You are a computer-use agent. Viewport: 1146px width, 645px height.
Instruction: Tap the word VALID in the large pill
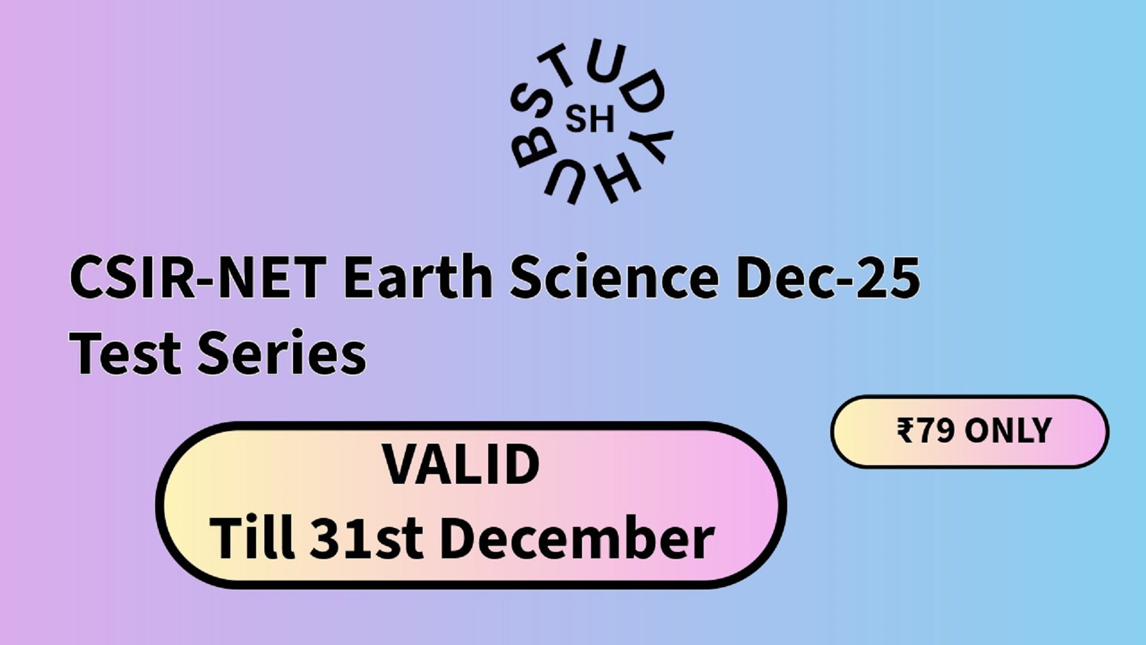coord(461,465)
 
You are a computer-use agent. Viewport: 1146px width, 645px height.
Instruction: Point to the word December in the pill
coord(577,538)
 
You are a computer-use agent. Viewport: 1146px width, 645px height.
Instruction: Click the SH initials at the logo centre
coord(590,120)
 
